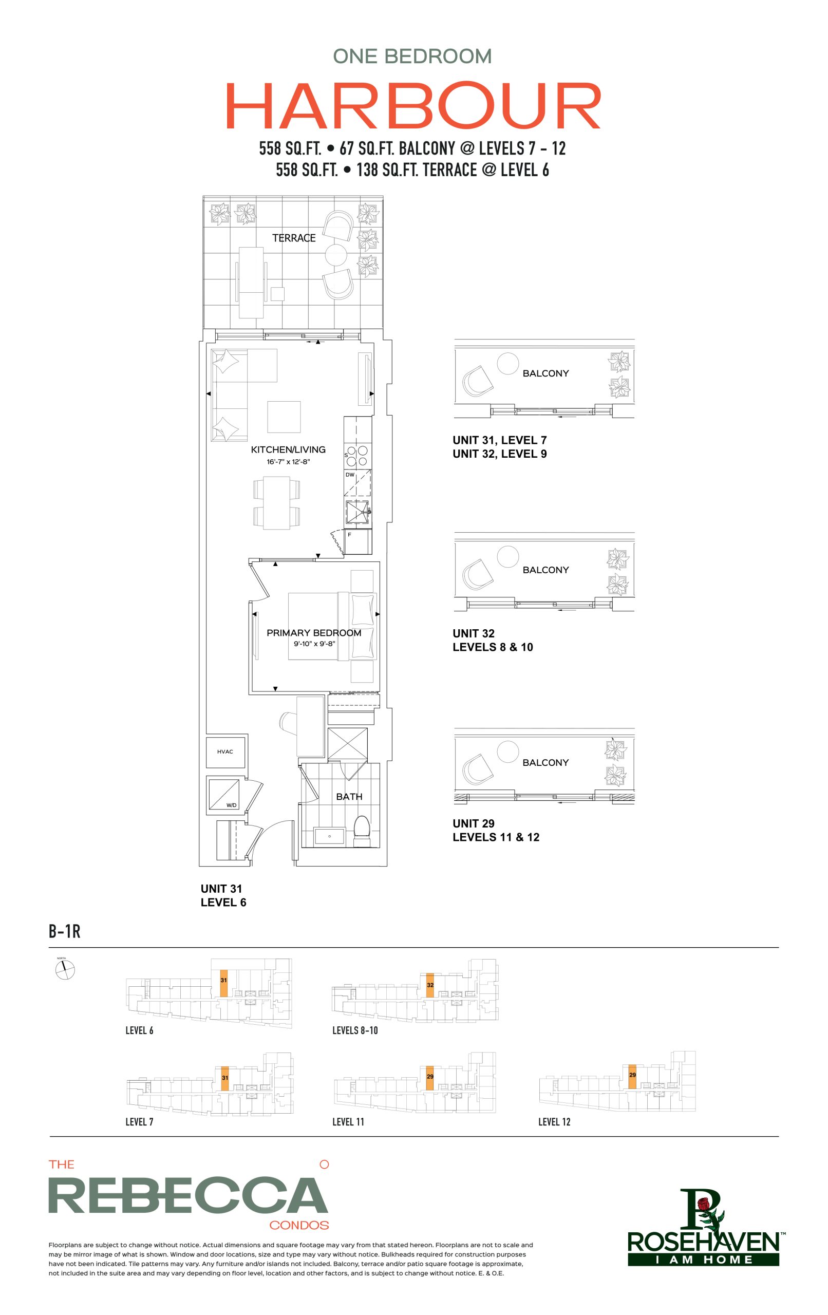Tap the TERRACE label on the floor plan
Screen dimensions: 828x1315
pos(294,238)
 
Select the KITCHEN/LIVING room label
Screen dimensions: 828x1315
pos(288,449)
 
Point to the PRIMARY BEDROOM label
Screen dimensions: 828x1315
pos(313,632)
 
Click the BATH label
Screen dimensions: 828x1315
pos(349,797)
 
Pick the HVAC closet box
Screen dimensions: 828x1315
pos(225,752)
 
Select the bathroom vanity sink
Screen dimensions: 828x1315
pos(329,836)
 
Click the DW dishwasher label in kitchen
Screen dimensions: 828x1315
pos(350,475)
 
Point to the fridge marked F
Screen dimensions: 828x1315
pos(357,540)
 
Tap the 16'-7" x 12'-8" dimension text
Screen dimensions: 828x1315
pos(288,462)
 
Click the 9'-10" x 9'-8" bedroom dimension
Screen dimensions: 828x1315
pos(314,644)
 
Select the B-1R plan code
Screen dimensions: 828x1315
pos(64,931)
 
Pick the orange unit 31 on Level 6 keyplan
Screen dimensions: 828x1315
pos(224,983)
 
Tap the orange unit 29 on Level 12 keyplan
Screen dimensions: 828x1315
pos(632,1076)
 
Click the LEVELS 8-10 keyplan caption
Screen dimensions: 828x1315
pos(355,1030)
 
